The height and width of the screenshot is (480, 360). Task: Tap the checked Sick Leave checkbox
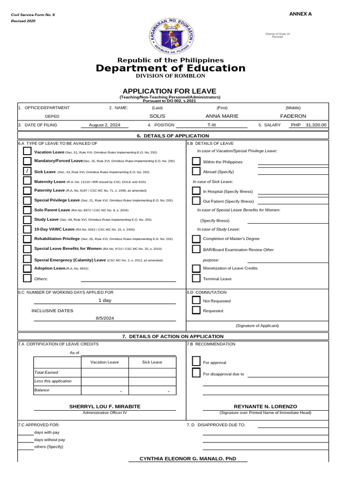click(x=27, y=172)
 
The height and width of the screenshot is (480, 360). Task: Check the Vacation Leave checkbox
click(x=27, y=152)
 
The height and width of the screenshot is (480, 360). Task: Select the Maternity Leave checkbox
click(x=27, y=181)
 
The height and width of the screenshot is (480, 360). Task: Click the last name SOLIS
click(x=157, y=116)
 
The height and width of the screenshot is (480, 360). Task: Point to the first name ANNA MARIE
click(x=222, y=116)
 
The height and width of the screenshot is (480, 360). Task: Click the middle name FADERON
click(x=293, y=116)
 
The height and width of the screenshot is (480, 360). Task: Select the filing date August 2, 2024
click(x=105, y=125)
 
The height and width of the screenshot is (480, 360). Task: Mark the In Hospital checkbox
click(x=196, y=191)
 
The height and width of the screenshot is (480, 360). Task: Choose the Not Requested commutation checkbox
click(x=196, y=301)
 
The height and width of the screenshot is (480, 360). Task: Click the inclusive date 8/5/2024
click(x=105, y=318)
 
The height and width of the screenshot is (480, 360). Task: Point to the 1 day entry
click(x=105, y=300)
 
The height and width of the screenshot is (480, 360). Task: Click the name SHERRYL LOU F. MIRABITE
click(x=105, y=406)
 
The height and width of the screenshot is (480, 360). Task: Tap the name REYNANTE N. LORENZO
click(x=265, y=406)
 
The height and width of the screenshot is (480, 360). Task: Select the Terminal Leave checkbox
click(x=196, y=278)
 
